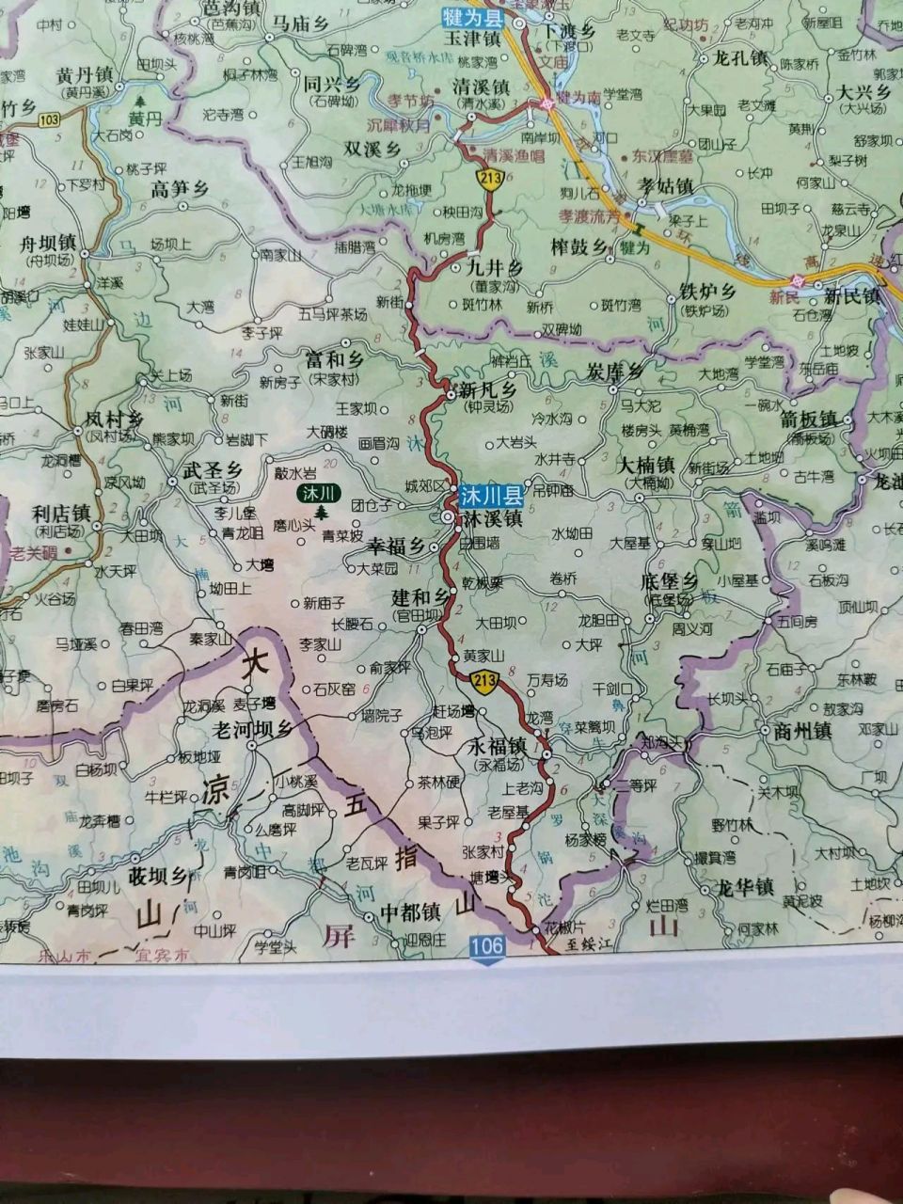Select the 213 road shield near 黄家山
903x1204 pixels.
tap(485, 683)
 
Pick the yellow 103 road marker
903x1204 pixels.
tap(49, 119)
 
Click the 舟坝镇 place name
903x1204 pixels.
tap(47, 244)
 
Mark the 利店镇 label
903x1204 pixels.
tap(59, 514)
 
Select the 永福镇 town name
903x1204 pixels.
tap(496, 745)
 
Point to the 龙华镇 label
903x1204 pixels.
tap(745, 886)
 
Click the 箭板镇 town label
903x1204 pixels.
tap(808, 419)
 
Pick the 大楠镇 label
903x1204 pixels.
tap(646, 465)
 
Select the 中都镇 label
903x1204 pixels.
tap(410, 912)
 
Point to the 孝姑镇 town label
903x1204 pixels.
tap(665, 185)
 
